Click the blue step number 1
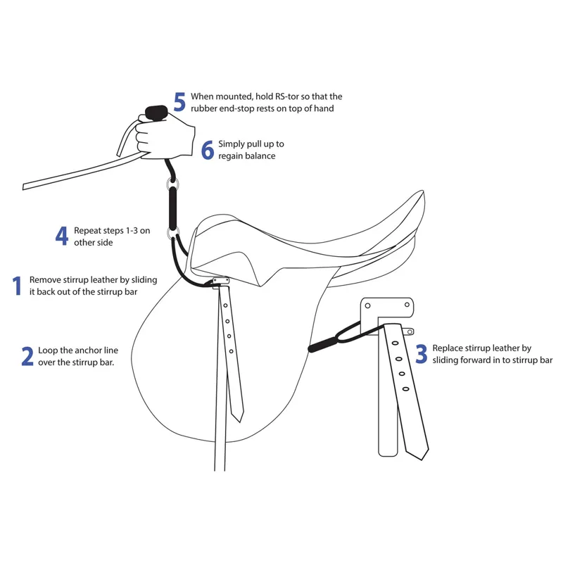17,286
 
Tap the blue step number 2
27,356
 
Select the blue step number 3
422,354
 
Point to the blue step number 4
62,236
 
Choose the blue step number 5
179,102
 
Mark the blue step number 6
208,150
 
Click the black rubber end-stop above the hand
156,113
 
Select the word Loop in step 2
48,350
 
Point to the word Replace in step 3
447,348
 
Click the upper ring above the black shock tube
172,184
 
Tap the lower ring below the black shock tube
172,234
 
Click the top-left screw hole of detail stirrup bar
367,306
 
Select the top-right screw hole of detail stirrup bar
407,305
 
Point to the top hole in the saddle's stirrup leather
225,305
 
